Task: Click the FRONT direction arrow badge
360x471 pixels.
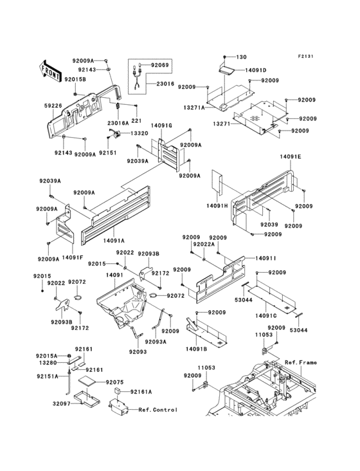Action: coord(51,66)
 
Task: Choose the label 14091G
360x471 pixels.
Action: coord(161,126)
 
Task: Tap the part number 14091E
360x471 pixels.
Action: coord(291,156)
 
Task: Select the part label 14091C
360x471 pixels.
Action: coord(265,315)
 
